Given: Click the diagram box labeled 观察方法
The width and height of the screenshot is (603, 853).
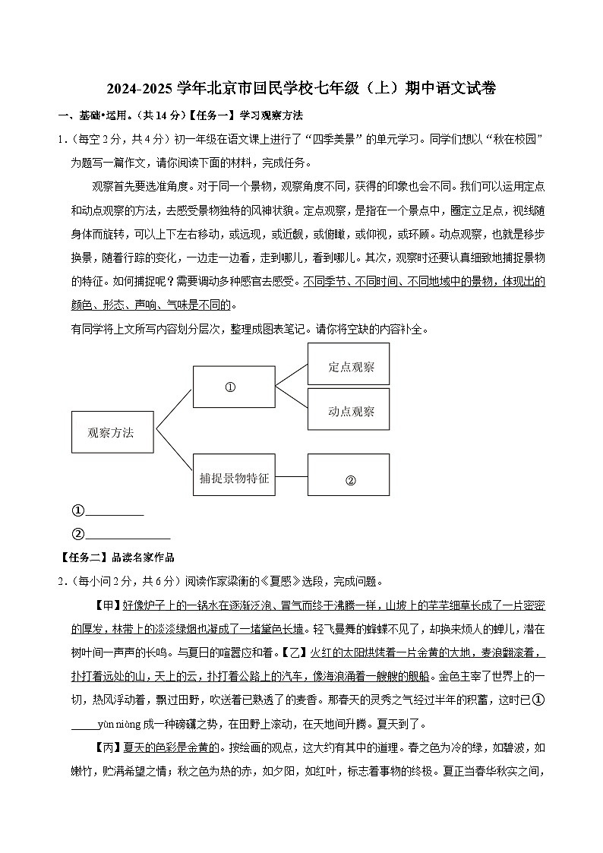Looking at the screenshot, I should pos(112,433).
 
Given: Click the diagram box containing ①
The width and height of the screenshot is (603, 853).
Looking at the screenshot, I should pos(234,387).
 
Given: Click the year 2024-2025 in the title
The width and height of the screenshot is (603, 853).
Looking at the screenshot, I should pos(140,89).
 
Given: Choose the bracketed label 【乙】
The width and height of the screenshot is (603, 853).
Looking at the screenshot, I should pos(294,652).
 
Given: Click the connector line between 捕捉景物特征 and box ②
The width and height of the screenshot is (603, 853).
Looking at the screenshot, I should pos(292,478).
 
